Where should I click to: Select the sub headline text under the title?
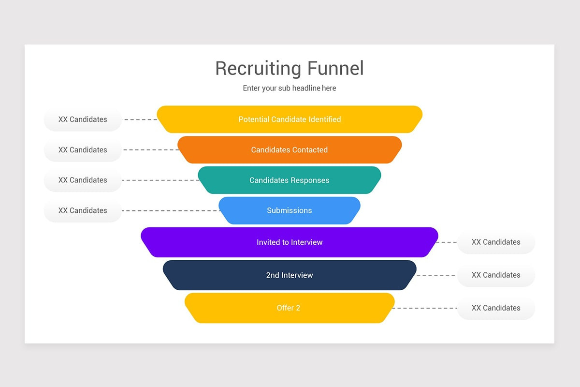tap(290, 88)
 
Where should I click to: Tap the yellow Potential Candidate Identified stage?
tap(290, 119)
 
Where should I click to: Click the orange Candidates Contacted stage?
tap(290, 150)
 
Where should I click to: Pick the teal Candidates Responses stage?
tap(290, 180)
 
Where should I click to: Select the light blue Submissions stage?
tap(290, 210)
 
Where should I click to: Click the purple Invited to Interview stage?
tap(290, 242)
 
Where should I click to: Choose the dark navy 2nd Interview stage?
tap(290, 275)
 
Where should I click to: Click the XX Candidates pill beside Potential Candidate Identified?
tap(83, 119)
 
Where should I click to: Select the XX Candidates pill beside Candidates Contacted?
tap(83, 150)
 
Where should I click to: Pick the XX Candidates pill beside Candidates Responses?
tap(83, 180)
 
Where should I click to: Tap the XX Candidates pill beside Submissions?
tap(83, 210)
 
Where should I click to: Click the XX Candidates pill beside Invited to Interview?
tap(496, 242)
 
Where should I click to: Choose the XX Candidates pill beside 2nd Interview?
tap(496, 275)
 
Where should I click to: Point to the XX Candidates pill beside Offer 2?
tap(496, 308)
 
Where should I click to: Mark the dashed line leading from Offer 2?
tap(425, 308)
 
